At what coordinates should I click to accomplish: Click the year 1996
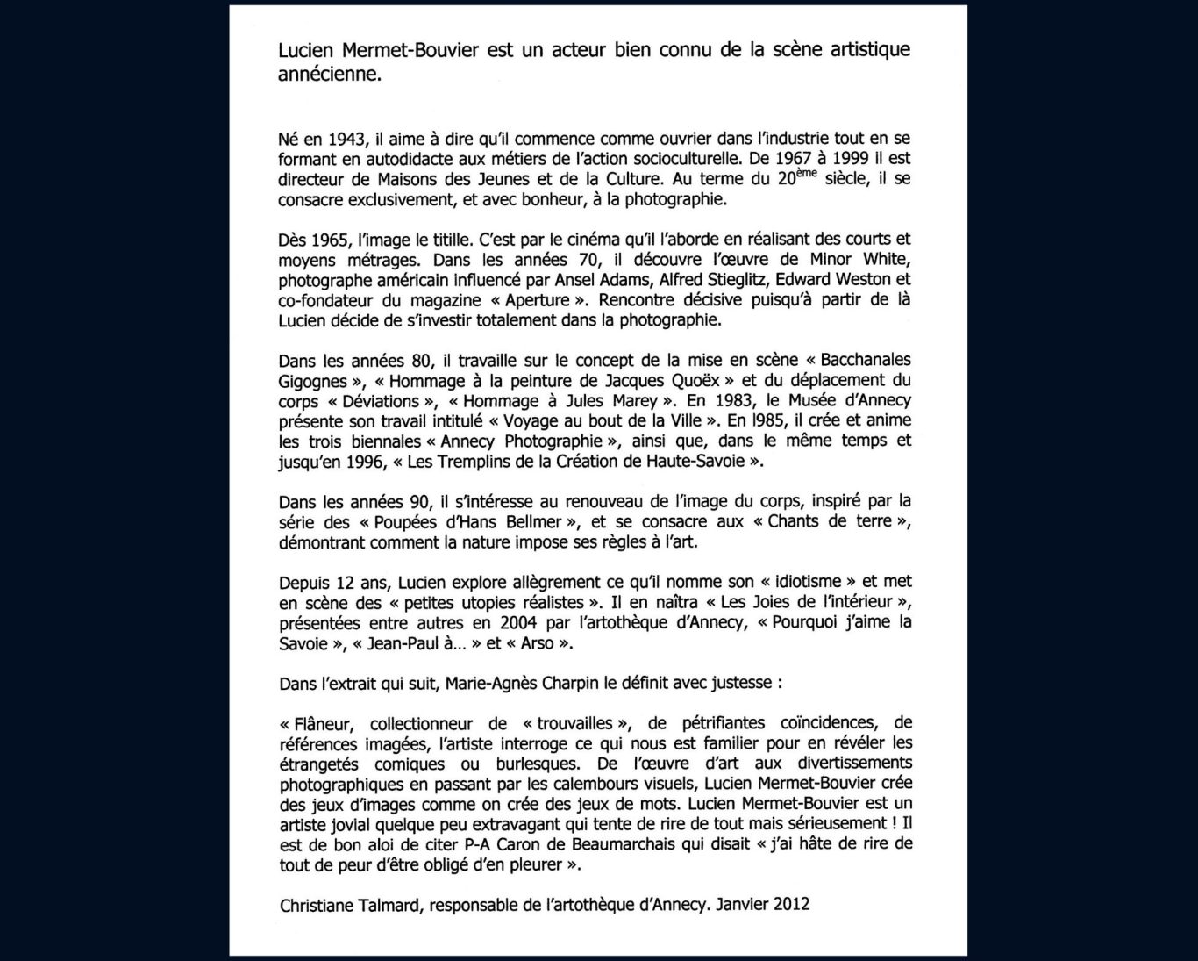(365, 462)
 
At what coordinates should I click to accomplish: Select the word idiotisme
(807, 582)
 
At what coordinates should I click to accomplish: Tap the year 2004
(518, 622)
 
